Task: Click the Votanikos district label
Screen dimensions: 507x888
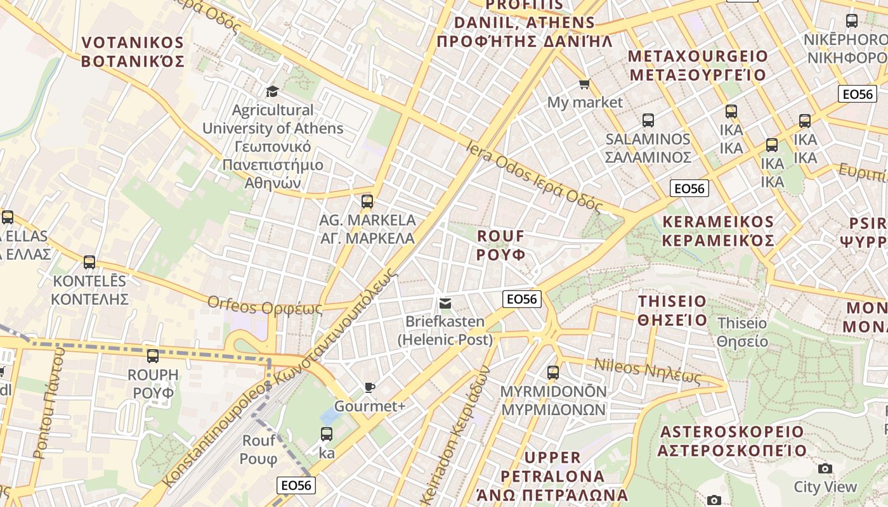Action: click(133, 52)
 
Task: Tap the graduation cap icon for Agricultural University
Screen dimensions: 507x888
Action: click(272, 91)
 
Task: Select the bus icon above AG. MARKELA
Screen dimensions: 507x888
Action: click(367, 202)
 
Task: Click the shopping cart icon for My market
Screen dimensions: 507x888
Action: click(584, 84)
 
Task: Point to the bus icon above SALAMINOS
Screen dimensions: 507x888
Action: click(648, 120)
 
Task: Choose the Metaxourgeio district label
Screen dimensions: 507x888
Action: click(697, 65)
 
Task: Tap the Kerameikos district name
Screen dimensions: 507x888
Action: click(718, 231)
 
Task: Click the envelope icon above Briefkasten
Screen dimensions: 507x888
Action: click(445, 304)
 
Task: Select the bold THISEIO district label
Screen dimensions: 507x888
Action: click(672, 310)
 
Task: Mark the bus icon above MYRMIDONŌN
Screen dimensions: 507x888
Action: click(553, 373)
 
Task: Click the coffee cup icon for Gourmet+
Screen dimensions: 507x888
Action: click(370, 387)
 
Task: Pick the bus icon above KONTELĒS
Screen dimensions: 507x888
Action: click(89, 262)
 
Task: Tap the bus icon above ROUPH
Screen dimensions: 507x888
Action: click(152, 356)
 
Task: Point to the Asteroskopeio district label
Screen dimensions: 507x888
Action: click(732, 441)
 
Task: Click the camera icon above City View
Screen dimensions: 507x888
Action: click(825, 468)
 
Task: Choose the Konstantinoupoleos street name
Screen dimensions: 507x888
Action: click(279, 380)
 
